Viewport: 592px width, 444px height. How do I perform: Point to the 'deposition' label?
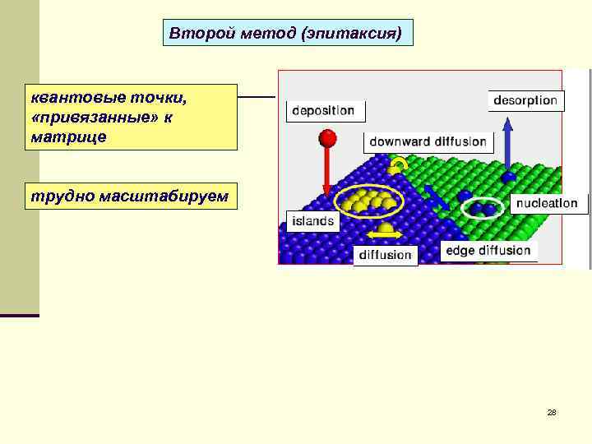[x=323, y=110]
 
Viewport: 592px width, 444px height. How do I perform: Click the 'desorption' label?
[x=525, y=100]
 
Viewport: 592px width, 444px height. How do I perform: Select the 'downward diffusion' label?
[x=428, y=141]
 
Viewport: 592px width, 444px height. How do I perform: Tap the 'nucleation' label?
[x=546, y=203]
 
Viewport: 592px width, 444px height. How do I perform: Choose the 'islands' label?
[x=312, y=220]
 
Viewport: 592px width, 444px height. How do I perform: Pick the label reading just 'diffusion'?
[x=385, y=255]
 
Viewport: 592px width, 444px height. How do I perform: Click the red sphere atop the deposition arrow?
[x=328, y=137]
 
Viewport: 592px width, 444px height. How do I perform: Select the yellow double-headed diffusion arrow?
[x=385, y=235]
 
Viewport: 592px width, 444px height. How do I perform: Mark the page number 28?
[x=552, y=412]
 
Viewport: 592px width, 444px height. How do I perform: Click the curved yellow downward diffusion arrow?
[x=399, y=164]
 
